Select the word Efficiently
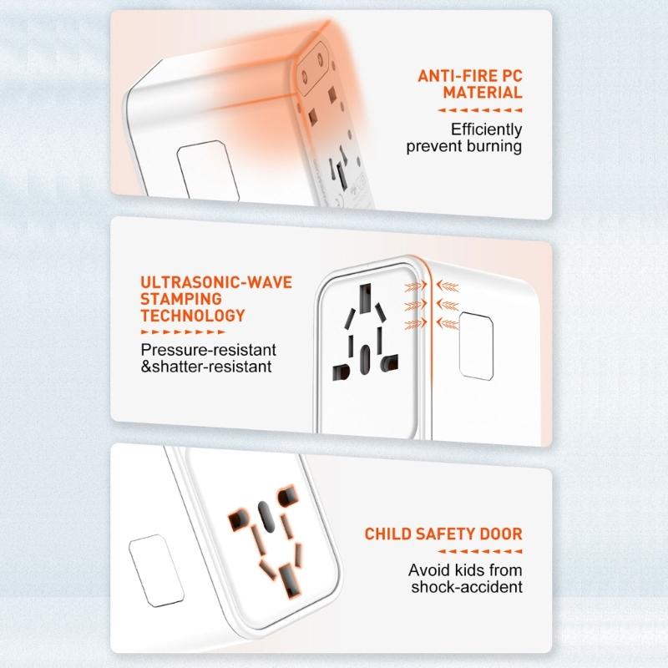(486, 129)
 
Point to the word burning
(493, 147)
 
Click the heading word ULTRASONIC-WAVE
(216, 282)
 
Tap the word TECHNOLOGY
(193, 316)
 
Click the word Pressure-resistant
(208, 349)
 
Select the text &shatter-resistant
(205, 367)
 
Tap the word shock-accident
(467, 587)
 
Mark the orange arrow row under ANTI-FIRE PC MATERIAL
(480, 109)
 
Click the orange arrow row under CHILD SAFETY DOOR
(480, 551)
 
